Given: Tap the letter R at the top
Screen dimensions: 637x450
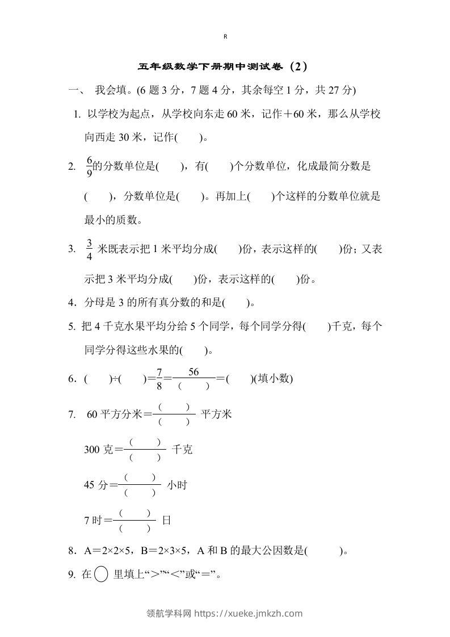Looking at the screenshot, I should tap(225, 36).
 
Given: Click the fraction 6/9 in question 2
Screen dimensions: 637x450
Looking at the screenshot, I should tap(89, 166).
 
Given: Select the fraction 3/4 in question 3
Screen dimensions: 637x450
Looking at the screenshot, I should tap(89, 249).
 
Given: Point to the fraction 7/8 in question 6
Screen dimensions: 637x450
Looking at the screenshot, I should tap(159, 379).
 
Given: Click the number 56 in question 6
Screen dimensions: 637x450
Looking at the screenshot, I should tap(193, 372).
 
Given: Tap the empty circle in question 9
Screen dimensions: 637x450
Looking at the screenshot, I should tap(101, 575).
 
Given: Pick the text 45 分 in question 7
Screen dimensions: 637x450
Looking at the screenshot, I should tap(95, 485).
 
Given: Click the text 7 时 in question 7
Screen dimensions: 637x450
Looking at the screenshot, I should tap(94, 519).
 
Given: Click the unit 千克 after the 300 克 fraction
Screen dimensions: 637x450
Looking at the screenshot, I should tap(182, 450).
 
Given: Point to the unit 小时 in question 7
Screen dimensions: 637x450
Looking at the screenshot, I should tap(176, 485).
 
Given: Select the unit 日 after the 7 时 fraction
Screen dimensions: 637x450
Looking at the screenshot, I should tap(167, 519).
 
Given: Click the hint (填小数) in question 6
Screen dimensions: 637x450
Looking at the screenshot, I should tap(275, 379).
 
